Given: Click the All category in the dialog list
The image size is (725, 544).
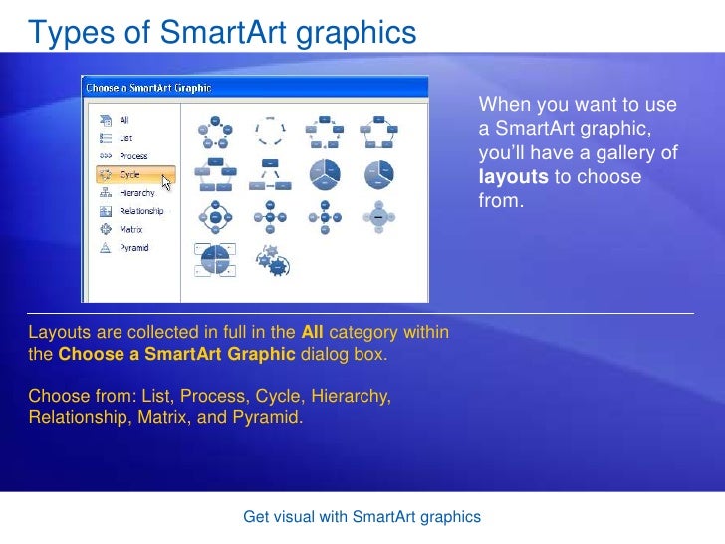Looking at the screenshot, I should (124, 120).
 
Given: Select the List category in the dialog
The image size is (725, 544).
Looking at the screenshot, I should (125, 137).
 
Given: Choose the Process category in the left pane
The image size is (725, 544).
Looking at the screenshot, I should (133, 156).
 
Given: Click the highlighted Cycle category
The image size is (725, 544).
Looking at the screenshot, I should (130, 174).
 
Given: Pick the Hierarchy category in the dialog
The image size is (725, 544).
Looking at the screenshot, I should (137, 193).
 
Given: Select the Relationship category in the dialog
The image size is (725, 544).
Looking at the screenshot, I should (141, 211).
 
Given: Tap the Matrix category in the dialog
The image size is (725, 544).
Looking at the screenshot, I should (130, 229).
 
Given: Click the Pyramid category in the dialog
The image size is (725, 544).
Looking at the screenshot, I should (133, 247).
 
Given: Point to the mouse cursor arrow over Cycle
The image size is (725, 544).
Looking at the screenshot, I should (166, 182).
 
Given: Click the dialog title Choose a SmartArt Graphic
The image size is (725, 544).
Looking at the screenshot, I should (149, 88).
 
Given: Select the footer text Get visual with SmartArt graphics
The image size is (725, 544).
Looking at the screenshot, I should (362, 517).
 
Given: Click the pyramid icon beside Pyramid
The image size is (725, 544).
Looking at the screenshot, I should (105, 247).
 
